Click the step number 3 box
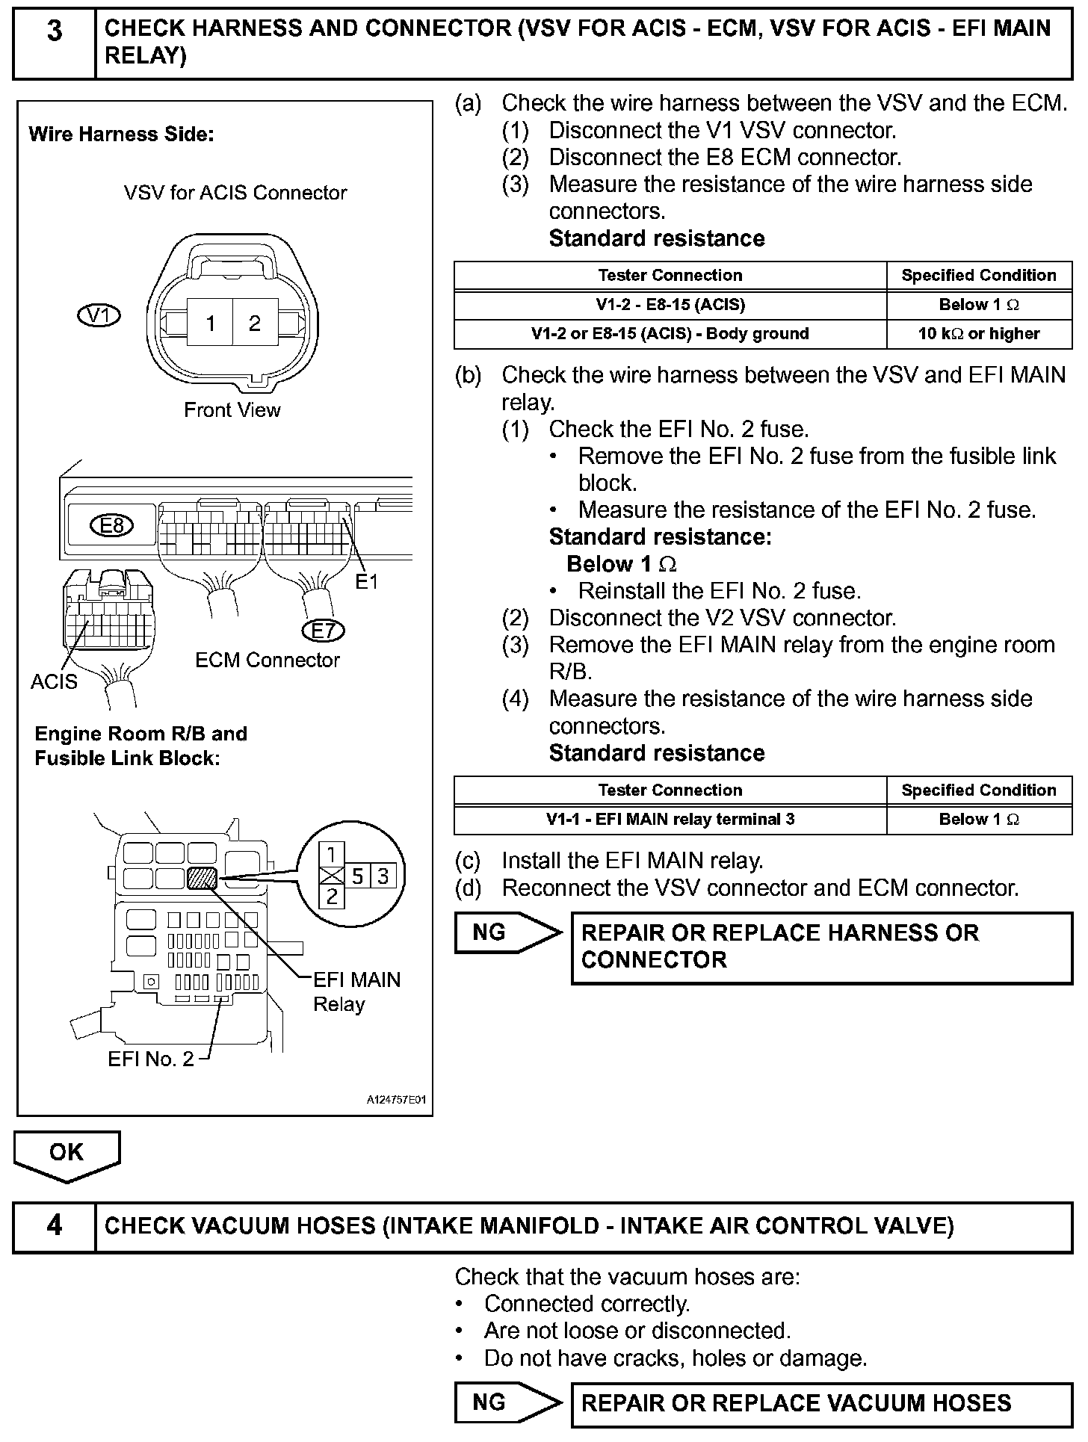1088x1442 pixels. [x=55, y=43]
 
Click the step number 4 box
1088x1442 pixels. [x=55, y=1226]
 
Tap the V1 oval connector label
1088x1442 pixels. [x=99, y=315]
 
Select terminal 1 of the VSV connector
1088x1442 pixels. [x=211, y=323]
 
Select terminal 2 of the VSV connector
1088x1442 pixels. [x=255, y=323]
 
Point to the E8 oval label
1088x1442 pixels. [x=111, y=526]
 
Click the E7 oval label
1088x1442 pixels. [x=324, y=631]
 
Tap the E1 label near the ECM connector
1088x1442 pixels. [x=367, y=581]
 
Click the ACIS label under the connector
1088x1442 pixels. [x=54, y=681]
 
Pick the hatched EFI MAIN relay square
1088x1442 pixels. [x=202, y=878]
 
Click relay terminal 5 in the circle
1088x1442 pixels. [x=358, y=876]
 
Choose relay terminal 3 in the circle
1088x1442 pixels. [x=383, y=876]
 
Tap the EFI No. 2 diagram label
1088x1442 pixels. [x=151, y=1059]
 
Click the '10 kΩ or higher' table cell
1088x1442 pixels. [x=979, y=334]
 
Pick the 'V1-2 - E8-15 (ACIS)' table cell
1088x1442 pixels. [x=670, y=305]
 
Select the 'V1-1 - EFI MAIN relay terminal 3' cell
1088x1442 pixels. [x=670, y=820]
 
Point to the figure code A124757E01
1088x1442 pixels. [x=396, y=1101]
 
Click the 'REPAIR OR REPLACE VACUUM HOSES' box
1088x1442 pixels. [x=822, y=1403]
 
